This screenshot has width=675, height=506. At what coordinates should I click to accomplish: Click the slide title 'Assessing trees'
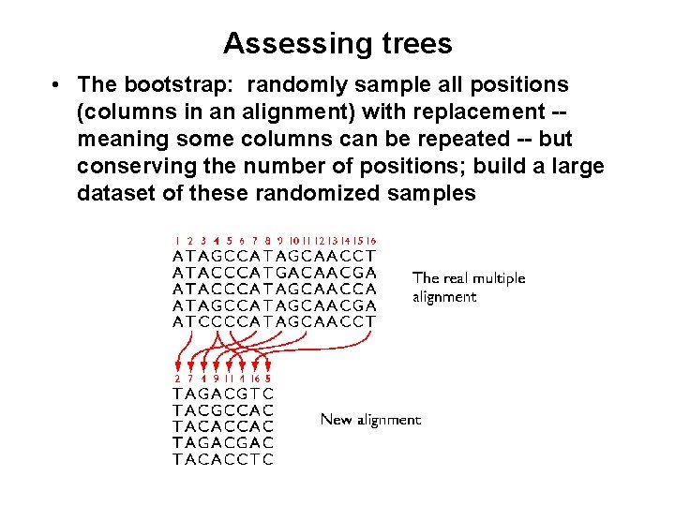[x=337, y=43]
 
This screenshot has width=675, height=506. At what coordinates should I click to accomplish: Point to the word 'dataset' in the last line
[x=114, y=194]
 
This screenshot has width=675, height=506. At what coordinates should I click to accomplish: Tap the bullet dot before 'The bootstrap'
[x=57, y=85]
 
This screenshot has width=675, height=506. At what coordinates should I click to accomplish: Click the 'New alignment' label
[x=370, y=420]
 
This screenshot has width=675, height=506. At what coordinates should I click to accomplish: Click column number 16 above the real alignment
[x=371, y=241]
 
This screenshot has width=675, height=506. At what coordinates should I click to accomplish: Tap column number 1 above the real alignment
[x=178, y=241]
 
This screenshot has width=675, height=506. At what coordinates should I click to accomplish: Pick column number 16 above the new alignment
[x=254, y=379]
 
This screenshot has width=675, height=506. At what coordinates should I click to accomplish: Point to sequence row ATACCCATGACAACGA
[x=275, y=272]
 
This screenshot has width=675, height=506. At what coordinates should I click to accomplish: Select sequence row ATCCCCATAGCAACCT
[x=275, y=321]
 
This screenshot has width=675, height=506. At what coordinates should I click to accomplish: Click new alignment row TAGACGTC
[x=223, y=394]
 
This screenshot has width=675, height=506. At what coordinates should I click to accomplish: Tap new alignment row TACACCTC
[x=223, y=459]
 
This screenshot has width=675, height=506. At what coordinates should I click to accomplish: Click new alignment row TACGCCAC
[x=223, y=410]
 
